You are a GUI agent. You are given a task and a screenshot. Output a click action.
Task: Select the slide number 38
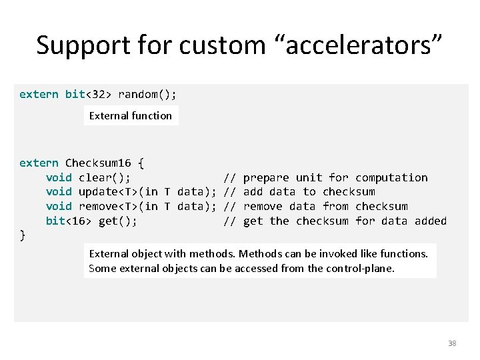point(452,343)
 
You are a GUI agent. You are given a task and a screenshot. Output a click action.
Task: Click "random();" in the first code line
point(147,94)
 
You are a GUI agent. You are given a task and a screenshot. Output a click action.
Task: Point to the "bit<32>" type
point(88,94)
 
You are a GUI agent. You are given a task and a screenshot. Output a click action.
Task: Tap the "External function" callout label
point(131,115)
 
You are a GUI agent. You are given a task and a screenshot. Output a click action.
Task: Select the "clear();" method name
point(105,177)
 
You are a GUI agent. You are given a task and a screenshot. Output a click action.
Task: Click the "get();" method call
point(118,221)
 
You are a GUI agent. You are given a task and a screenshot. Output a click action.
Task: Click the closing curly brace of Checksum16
point(23,235)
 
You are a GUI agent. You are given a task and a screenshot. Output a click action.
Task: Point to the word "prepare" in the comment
point(266,177)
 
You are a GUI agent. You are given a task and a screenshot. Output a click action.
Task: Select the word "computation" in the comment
point(391,177)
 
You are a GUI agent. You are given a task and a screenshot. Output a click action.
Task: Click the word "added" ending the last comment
point(431,221)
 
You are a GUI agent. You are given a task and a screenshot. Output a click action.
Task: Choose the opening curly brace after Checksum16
point(141,163)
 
